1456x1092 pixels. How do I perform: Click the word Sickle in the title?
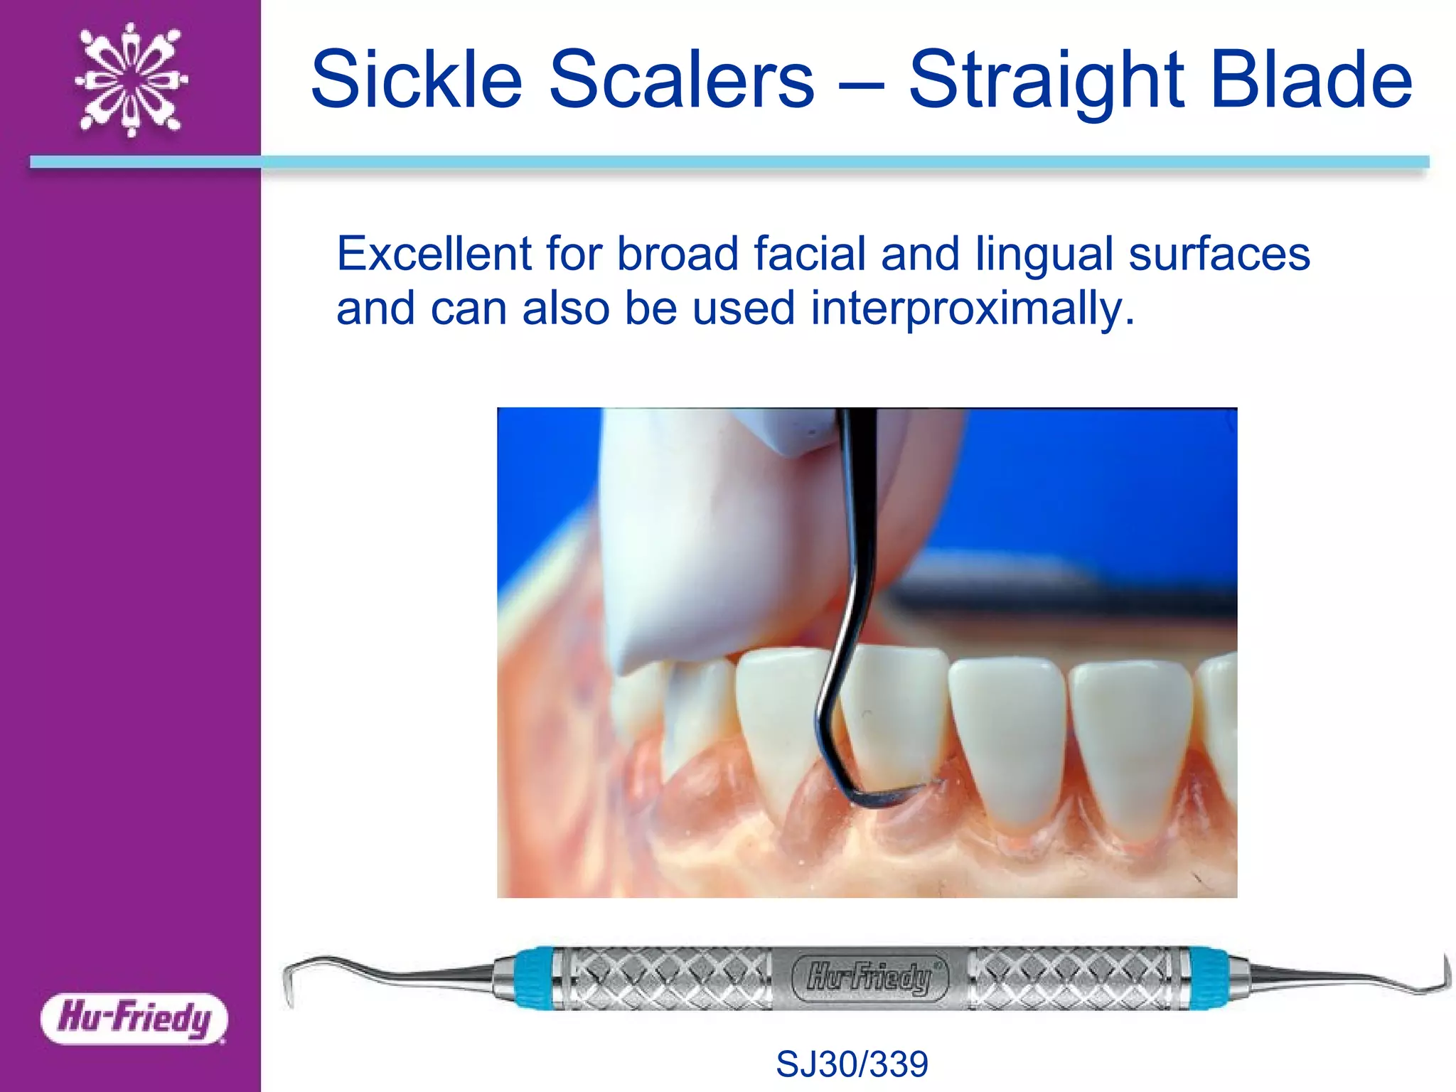pyautogui.click(x=417, y=80)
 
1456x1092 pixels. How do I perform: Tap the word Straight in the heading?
pyautogui.click(x=1045, y=80)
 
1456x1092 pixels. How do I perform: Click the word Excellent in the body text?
pyautogui.click(x=434, y=254)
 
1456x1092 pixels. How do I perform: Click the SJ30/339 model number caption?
pyautogui.click(x=852, y=1064)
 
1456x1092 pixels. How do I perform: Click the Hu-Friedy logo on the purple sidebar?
pyautogui.click(x=134, y=1018)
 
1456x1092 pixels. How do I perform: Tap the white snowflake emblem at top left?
pyautogui.click(x=132, y=80)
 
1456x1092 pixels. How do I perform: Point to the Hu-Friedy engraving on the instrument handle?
pyautogui.click(x=869, y=978)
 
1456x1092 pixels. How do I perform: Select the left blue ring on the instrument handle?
pyautogui.click(x=532, y=978)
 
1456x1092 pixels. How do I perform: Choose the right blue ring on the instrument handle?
pyautogui.click(x=1209, y=978)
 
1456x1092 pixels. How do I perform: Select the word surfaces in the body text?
pyautogui.click(x=1219, y=254)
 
